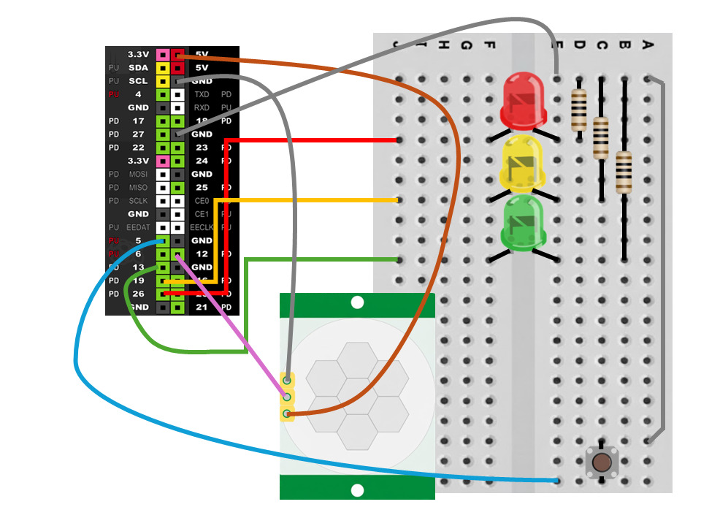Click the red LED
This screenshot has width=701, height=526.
(x=524, y=99)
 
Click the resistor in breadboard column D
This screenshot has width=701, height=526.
(x=578, y=110)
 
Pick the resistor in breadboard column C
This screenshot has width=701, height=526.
(x=601, y=137)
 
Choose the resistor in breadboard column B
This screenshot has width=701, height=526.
(x=624, y=172)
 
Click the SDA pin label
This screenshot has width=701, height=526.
(x=138, y=67)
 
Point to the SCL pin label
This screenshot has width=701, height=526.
(x=138, y=81)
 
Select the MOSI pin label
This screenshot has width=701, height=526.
(x=137, y=175)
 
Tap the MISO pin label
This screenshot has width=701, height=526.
(x=137, y=188)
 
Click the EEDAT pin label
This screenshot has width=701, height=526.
(x=137, y=228)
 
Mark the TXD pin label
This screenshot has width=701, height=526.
(x=202, y=94)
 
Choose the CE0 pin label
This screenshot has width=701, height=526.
(x=202, y=201)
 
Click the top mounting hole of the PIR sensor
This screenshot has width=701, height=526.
(x=357, y=302)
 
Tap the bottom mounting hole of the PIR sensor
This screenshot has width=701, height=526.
(x=357, y=490)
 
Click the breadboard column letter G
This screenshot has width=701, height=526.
(x=467, y=45)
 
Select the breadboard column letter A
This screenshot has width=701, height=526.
(x=647, y=45)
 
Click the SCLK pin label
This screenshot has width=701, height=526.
(x=137, y=201)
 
